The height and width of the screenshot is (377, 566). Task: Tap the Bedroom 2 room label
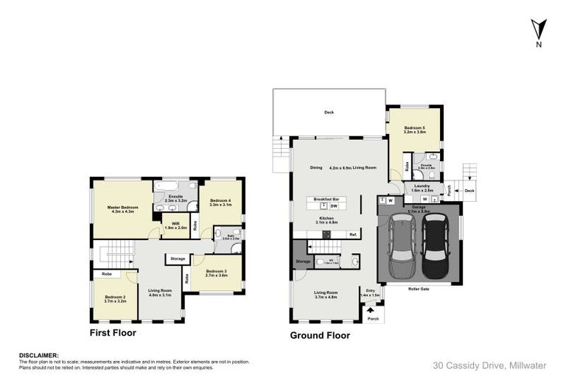[114, 299]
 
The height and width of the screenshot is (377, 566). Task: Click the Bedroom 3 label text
[216, 272]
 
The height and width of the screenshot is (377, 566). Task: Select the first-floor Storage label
[178, 258]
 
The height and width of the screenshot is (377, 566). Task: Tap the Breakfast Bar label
[326, 200]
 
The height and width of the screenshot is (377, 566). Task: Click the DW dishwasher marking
[333, 207]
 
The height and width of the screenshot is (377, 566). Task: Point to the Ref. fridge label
[353, 234]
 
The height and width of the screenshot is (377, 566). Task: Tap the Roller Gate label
[419, 289]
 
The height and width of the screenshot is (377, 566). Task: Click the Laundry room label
[422, 187]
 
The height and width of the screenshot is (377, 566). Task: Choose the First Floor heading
[113, 333]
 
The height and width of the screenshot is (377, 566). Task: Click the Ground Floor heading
[320, 335]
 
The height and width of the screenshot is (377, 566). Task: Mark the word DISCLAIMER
[38, 354]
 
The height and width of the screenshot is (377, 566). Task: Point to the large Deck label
[329, 113]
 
